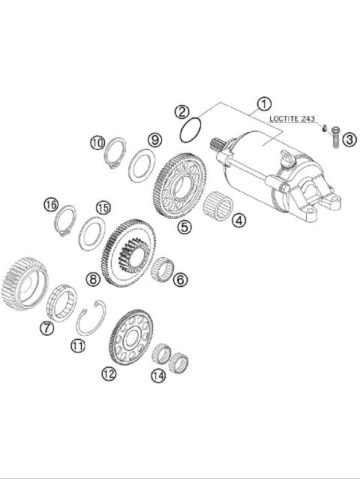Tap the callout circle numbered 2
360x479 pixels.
[182, 112]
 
